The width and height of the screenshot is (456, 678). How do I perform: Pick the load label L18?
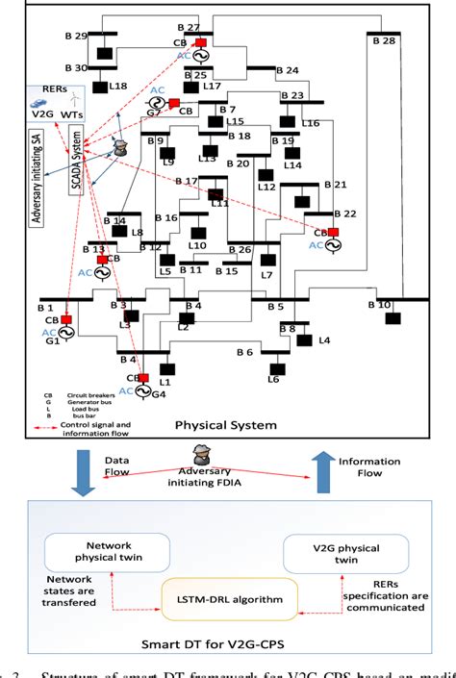[x=118, y=87]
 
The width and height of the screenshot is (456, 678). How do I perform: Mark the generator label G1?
[x=51, y=341]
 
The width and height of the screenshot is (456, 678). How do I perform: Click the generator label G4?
[x=158, y=392]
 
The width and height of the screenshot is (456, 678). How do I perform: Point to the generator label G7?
[x=154, y=113]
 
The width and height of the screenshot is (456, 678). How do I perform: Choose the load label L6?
[x=272, y=380]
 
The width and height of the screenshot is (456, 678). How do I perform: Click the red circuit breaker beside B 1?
[x=66, y=319]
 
